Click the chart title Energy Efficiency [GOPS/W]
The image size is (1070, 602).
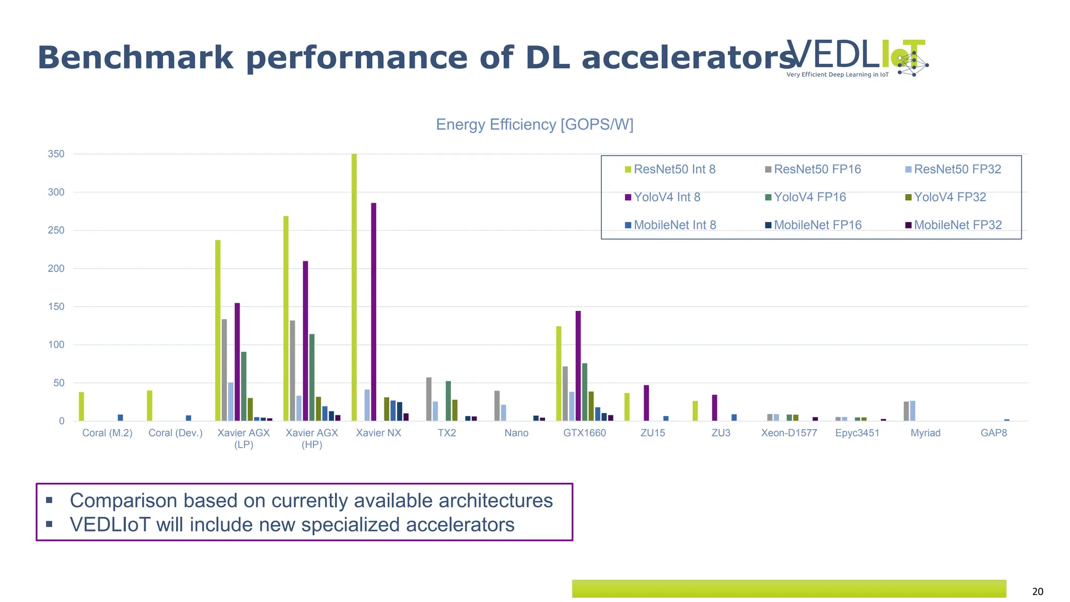tap(534, 124)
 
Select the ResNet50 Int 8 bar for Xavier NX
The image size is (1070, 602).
tap(354, 287)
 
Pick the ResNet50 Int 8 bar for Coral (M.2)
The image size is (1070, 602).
tap(82, 407)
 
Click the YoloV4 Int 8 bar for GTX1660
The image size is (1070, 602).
tap(578, 366)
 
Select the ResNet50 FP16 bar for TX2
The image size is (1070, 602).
tap(429, 399)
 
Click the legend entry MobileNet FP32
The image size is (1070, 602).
tap(957, 225)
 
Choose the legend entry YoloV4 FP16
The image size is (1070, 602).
tap(809, 197)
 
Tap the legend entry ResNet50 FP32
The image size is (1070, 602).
tap(957, 169)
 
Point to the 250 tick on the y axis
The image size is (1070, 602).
tap(56, 230)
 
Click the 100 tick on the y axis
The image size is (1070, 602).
tap(56, 345)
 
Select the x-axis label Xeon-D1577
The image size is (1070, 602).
tap(789, 433)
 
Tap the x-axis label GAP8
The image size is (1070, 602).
tap(994, 433)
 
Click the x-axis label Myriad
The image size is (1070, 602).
tap(925, 433)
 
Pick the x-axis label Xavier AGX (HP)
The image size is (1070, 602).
tap(312, 438)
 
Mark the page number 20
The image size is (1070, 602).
tap(1038, 592)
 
